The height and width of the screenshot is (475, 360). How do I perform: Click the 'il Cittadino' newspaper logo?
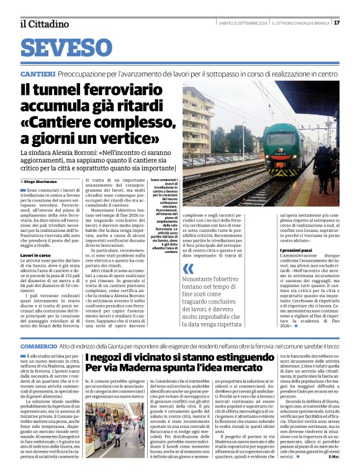pyautogui.click(x=44, y=24)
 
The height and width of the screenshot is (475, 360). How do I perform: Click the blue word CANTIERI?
pyautogui.click(x=38, y=74)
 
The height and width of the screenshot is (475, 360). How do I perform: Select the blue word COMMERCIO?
pyautogui.click(x=39, y=345)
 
